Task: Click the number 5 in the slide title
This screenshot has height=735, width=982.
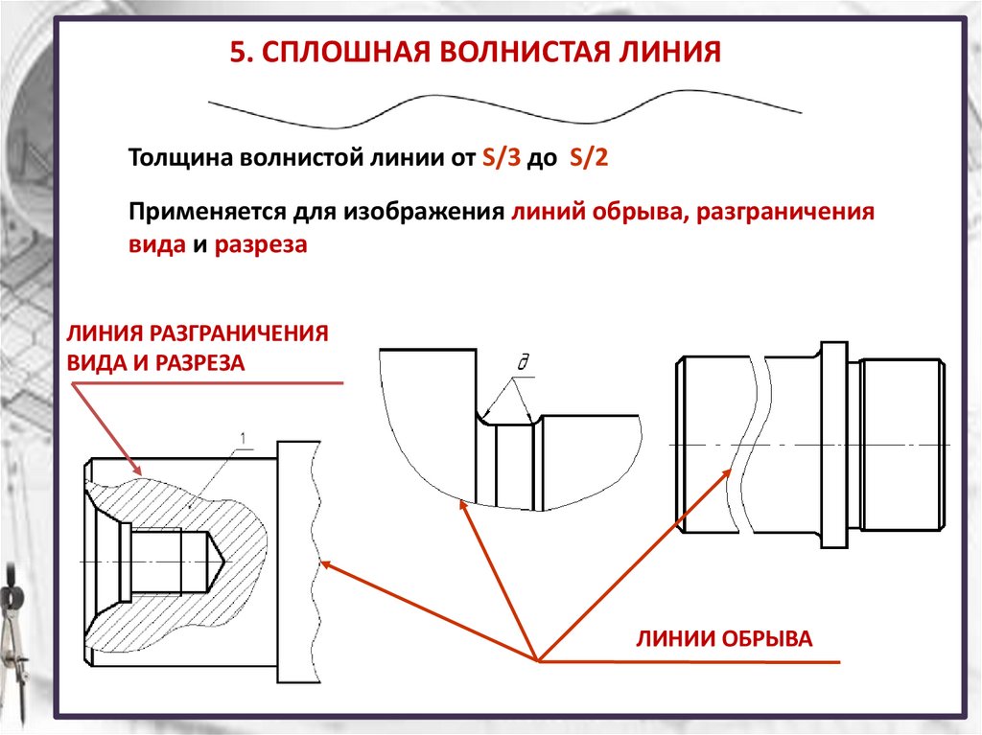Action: [236, 51]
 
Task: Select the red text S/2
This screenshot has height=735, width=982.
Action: [588, 159]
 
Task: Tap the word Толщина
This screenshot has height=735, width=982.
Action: [177, 159]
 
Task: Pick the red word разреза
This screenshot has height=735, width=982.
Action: [261, 244]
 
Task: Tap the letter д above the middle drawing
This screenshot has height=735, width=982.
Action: [524, 362]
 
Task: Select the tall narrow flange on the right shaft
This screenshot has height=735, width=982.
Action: [833, 445]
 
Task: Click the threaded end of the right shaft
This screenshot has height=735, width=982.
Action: [900, 445]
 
